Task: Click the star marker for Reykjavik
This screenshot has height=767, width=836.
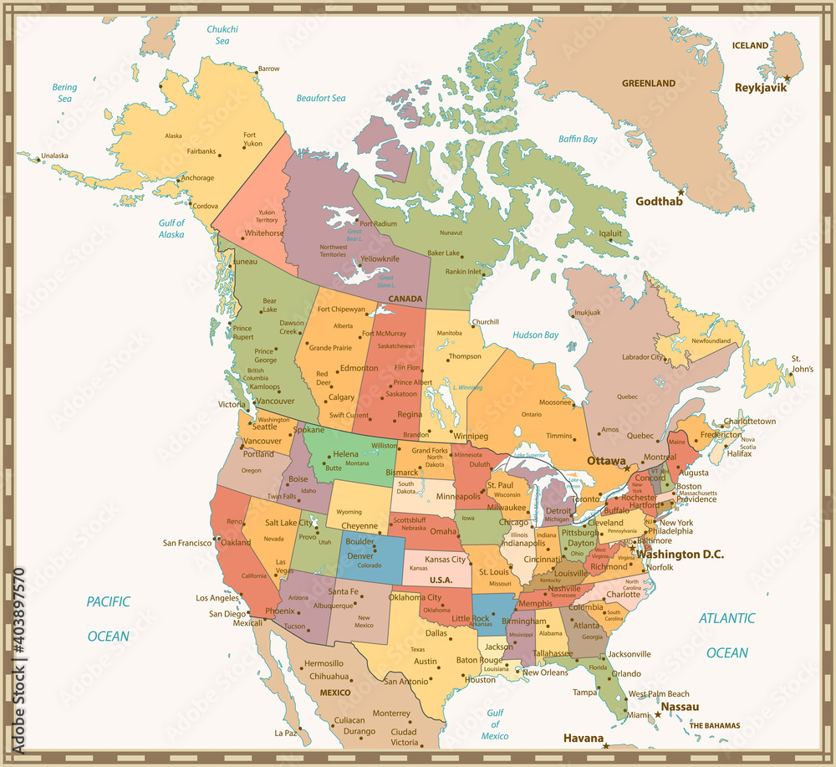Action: coord(787,77)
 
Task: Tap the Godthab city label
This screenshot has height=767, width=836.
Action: coord(657,202)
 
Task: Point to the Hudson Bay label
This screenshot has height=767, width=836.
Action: coord(535,335)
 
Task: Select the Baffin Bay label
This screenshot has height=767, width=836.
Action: coord(578,139)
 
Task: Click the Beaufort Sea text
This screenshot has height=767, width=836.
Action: coord(321,99)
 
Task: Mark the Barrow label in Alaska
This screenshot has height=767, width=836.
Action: coord(268,69)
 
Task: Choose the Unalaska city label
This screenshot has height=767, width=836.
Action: coord(54,156)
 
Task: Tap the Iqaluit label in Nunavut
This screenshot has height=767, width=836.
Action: coord(611,233)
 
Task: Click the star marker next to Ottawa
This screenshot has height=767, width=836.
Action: coord(627,468)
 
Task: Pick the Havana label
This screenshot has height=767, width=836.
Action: coord(583,738)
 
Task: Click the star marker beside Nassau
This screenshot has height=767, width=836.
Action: coord(658,714)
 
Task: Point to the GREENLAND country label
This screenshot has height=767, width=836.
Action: coord(648,84)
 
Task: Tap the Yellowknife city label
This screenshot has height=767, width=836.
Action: coord(380,259)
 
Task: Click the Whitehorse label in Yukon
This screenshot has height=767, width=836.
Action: coord(264,233)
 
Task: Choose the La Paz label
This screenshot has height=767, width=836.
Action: coord(285,734)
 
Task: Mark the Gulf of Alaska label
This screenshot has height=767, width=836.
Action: coord(171,228)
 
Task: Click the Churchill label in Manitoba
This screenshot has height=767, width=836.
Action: coord(485,322)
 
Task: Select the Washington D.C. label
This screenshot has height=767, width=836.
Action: coord(680,555)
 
